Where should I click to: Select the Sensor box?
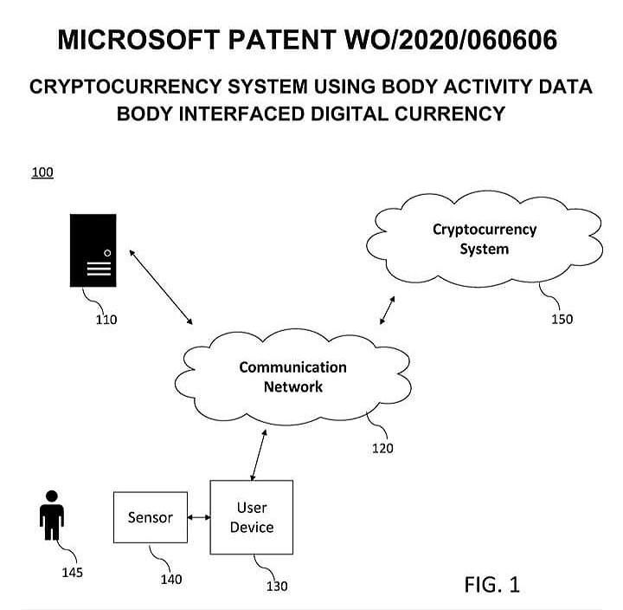click(151, 518)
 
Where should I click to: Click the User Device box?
click(252, 517)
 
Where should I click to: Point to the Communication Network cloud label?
click(292, 377)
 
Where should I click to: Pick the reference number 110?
click(106, 320)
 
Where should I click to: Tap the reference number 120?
click(382, 448)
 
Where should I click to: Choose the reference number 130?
click(277, 587)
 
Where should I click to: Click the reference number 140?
click(171, 579)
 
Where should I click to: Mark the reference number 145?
click(72, 573)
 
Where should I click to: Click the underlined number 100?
click(42, 172)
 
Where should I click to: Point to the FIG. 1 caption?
click(491, 584)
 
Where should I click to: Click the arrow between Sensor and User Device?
click(200, 518)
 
